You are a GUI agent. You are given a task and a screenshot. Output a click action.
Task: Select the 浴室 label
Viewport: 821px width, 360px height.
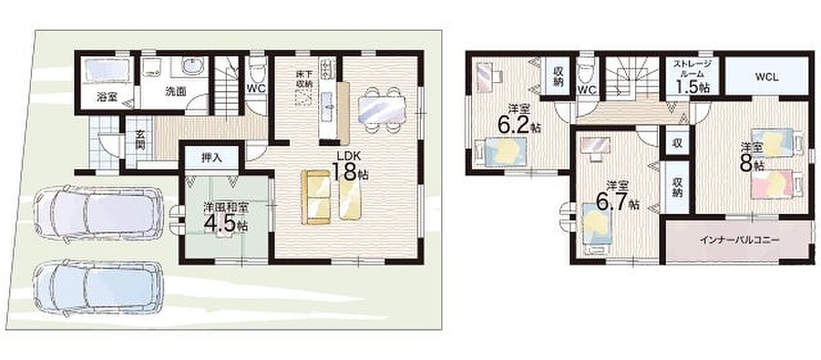point(107,97)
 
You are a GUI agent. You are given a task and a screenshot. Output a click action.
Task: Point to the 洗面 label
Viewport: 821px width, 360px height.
point(176,92)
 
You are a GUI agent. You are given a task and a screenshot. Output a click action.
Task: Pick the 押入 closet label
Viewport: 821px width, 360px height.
point(212,158)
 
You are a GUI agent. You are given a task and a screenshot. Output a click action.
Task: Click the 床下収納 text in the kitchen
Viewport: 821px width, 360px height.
point(304,79)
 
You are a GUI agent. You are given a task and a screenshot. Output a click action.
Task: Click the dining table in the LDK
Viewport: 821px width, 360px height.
point(382,110)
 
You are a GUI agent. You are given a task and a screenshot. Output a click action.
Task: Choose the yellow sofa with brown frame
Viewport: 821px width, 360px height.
point(316,197)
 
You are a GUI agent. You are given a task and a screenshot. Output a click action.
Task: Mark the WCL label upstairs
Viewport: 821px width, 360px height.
point(767,78)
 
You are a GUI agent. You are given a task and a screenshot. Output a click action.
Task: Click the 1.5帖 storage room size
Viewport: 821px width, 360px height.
point(692,87)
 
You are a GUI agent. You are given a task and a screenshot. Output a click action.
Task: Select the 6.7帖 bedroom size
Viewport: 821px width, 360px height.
point(618,202)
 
